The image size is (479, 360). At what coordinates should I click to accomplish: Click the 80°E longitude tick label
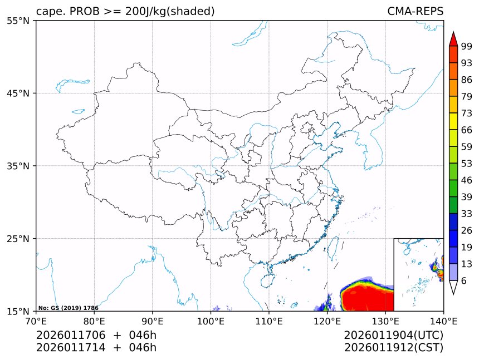click(x=94, y=320)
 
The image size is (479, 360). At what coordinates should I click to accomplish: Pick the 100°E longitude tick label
click(x=211, y=320)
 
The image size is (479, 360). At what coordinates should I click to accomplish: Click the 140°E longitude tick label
click(x=443, y=320)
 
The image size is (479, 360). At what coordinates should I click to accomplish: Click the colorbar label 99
click(x=467, y=47)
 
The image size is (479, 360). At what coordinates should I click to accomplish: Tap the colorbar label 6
click(x=463, y=281)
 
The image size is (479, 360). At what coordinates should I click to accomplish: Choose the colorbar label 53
click(x=467, y=164)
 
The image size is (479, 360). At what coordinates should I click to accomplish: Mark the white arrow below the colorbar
click(x=453, y=287)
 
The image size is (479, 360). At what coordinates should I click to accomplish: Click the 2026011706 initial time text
click(x=71, y=335)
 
